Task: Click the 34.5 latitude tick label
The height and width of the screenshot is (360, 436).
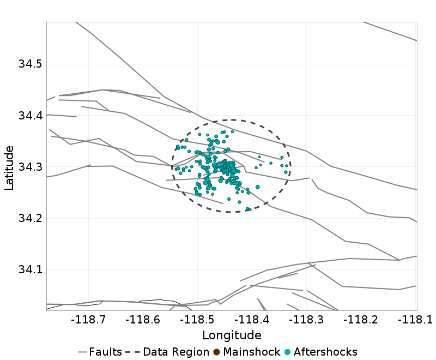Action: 31,64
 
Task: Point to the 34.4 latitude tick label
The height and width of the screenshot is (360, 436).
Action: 31,116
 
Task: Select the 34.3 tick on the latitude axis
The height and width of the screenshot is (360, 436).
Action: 31,167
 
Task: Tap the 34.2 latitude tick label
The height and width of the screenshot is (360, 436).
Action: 31,218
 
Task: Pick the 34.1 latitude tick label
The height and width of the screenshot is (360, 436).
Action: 31,269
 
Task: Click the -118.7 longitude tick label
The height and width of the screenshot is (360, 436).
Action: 90,319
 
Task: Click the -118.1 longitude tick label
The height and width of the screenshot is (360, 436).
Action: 414,319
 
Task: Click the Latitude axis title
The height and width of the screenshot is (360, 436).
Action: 9,167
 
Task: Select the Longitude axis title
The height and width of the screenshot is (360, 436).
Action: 232,335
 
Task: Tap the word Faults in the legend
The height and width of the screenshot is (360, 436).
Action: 105,352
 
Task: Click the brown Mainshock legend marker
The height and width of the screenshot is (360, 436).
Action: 216,352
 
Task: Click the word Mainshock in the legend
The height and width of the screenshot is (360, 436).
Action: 251,352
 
